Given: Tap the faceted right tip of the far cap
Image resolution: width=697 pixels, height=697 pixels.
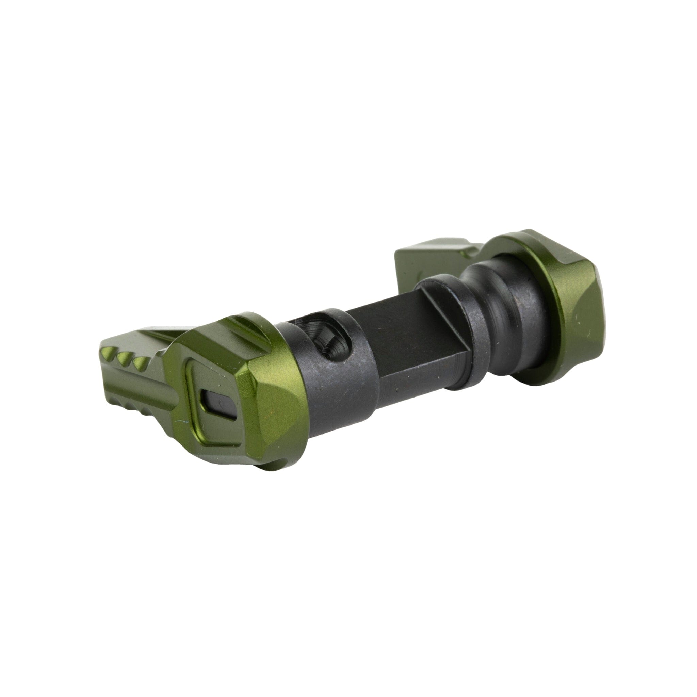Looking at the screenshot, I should click(591, 318).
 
